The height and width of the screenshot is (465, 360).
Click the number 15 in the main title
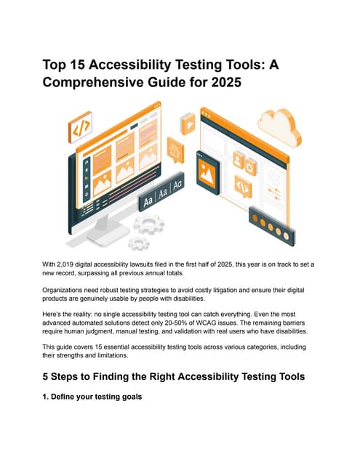[78, 65]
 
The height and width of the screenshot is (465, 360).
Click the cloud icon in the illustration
[279, 128]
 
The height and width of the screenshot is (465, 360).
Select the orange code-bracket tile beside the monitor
[80, 127]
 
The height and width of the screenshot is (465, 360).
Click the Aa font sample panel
[161, 192]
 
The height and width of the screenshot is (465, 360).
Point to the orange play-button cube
[188, 124]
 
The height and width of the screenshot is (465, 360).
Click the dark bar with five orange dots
[272, 227]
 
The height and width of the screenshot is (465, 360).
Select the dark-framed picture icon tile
[208, 173]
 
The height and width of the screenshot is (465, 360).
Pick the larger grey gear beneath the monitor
[149, 224]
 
